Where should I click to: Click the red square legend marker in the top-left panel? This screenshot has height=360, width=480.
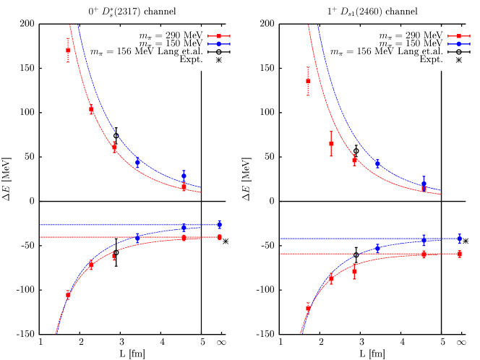click(219, 36)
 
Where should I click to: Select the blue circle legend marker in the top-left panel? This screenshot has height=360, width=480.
click(219, 44)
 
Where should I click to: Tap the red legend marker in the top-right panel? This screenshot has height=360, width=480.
click(459, 36)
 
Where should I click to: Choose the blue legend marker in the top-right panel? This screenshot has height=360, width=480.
click(459, 44)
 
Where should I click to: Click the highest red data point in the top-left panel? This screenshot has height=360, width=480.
click(68, 50)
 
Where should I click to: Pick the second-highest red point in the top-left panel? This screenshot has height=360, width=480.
click(91, 110)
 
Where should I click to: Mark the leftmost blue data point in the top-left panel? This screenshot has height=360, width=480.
click(137, 162)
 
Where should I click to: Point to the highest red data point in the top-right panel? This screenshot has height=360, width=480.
click(308, 80)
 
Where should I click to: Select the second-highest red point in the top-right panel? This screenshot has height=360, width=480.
click(331, 143)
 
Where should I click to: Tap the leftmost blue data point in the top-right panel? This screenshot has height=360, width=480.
click(377, 163)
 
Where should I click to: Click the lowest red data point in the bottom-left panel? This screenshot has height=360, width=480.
click(68, 294)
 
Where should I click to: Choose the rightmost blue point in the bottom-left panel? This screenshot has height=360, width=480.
click(219, 224)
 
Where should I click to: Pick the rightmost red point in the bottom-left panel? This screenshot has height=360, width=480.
click(219, 237)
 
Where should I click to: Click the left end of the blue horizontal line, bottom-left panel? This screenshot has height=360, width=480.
click(40, 225)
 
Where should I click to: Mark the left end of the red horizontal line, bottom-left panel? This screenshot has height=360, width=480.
click(40, 237)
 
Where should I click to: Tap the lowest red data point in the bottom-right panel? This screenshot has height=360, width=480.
click(308, 307)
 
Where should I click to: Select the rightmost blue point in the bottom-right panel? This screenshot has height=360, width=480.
click(459, 239)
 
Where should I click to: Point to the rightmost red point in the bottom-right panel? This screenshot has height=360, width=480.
click(459, 254)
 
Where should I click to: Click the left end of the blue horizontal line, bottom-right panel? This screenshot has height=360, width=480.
click(280, 239)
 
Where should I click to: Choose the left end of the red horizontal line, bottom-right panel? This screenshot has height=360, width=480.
click(280, 254)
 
